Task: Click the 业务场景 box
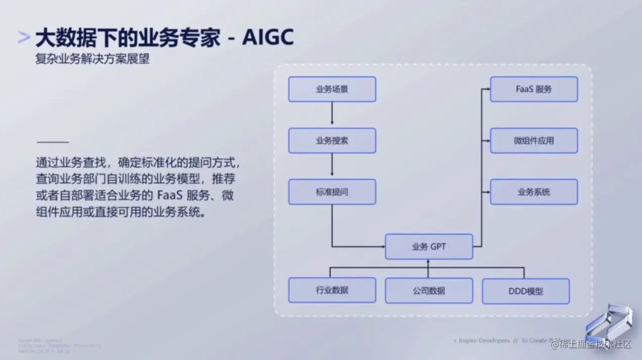pyautogui.click(x=332, y=89)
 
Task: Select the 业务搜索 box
pyautogui.click(x=332, y=141)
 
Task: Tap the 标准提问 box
pyautogui.click(x=332, y=192)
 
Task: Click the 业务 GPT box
pyautogui.click(x=429, y=247)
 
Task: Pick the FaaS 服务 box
pyautogui.click(x=534, y=89)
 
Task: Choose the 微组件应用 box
pyautogui.click(x=534, y=141)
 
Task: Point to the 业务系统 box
pyautogui.click(x=534, y=192)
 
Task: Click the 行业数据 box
pyautogui.click(x=332, y=290)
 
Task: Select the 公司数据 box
pyautogui.click(x=429, y=291)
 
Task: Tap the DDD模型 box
pyautogui.click(x=526, y=291)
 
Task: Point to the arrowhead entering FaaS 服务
pyautogui.click(x=488, y=89)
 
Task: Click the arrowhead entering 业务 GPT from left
pyautogui.click(x=382, y=247)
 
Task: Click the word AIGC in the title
pyautogui.click(x=268, y=38)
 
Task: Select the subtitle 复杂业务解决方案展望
pyautogui.click(x=92, y=59)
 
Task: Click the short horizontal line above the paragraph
pyautogui.click(x=52, y=142)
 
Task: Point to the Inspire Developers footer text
pyautogui.click(x=482, y=341)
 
